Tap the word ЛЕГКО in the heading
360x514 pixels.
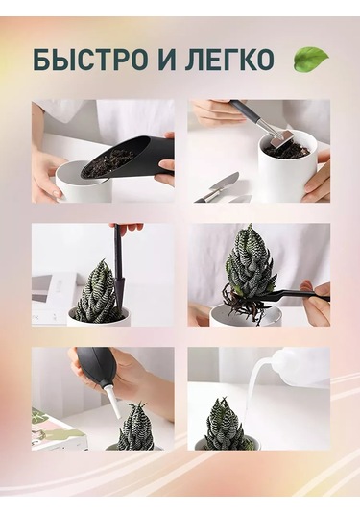click(229, 60)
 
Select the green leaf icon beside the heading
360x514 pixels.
click(311, 59)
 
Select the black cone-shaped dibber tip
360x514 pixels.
click(118, 288)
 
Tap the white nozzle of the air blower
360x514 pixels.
click(112, 403)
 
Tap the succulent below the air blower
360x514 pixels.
click(136, 428)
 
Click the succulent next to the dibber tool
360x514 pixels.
click(97, 293)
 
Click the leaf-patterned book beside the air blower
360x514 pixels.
click(56, 429)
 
